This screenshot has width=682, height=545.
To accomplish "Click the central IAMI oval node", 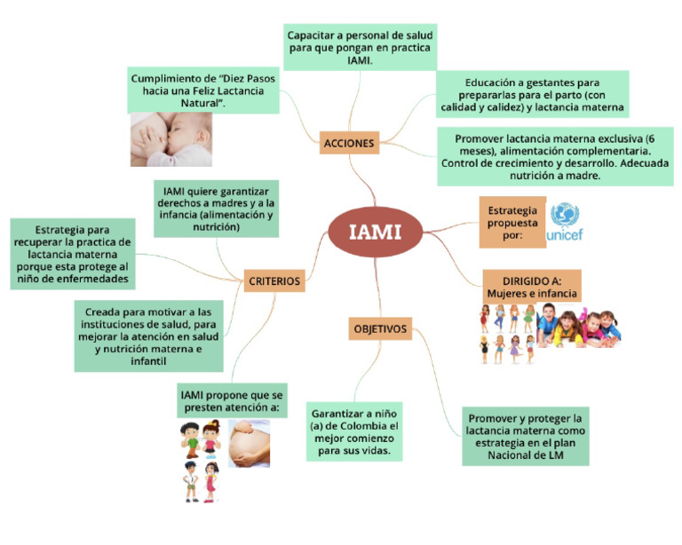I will (x=374, y=233).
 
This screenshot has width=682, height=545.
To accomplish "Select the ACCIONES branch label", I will (x=349, y=142).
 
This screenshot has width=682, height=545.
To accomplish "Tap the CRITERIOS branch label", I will (x=275, y=280).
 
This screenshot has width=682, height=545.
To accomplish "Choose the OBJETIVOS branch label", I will (x=380, y=329).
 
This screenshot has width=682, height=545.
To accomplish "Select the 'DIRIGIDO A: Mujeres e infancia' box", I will (x=531, y=286).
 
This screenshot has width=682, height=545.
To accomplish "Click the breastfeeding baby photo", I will (x=171, y=139).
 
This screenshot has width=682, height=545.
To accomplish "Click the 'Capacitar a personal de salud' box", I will (x=361, y=47).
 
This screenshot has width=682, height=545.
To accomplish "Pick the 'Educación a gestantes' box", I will (x=532, y=93).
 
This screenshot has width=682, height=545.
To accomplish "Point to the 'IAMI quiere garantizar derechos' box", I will (x=216, y=209).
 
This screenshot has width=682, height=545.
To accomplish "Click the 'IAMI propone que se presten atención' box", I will (x=231, y=401).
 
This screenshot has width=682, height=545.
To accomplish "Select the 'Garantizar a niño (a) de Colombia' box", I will (x=355, y=432).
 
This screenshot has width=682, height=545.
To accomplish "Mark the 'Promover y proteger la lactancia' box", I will (x=525, y=437).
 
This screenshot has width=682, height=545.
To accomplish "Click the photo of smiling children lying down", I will (x=579, y=326).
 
